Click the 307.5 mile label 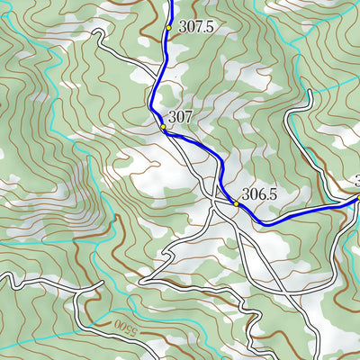click(x=196, y=27)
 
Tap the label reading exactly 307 click(x=181, y=116)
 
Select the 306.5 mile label click(x=260, y=194)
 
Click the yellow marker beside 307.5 click(x=168, y=28)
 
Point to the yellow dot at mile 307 click(x=163, y=128)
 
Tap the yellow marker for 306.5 click(x=237, y=203)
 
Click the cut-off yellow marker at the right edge click(x=357, y=197)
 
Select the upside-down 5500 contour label click(x=127, y=322)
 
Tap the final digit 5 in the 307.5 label click(x=209, y=27)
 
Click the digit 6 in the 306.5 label click(x=261, y=194)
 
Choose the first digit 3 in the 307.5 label click(x=184, y=27)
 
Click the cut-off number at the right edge click(x=356, y=180)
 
